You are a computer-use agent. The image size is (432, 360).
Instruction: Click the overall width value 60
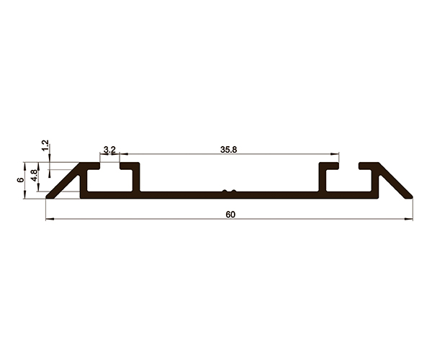[x=230, y=215]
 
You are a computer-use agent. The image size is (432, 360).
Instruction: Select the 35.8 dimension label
[x=228, y=150]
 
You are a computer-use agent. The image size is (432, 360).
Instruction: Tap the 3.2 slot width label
[x=109, y=150]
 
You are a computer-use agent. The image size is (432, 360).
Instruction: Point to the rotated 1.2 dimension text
[x=45, y=145]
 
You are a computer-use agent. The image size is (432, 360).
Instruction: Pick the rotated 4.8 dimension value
[x=34, y=176]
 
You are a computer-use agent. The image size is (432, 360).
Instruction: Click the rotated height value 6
[x=20, y=180]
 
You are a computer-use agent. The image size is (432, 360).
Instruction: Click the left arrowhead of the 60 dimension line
[x=50, y=220]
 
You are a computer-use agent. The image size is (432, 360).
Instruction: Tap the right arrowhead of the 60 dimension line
[x=409, y=220]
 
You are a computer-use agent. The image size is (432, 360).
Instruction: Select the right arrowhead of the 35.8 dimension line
[x=335, y=154]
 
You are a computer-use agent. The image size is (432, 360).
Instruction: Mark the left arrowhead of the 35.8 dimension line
[x=124, y=154]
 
